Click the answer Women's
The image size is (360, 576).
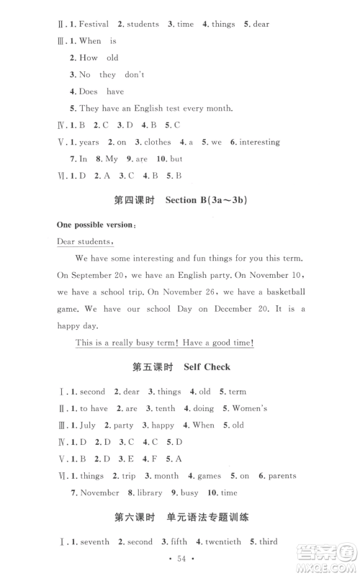248,408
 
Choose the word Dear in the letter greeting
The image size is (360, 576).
67,241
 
